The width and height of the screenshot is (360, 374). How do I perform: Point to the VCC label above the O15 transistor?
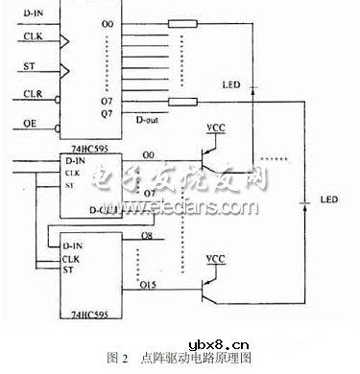coord(215,259)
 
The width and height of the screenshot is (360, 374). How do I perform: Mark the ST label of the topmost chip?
coord(29,66)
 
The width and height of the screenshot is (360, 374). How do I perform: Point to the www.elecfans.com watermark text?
coord(198,206)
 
